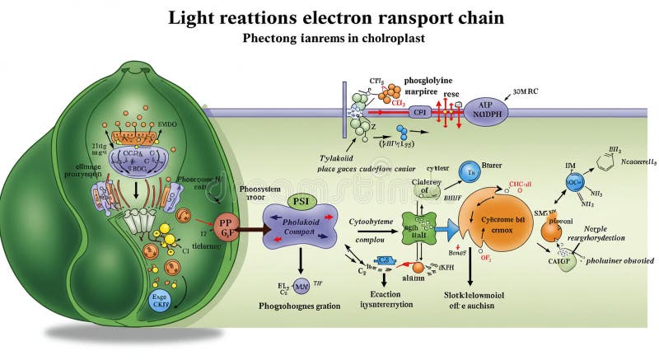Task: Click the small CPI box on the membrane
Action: (421, 110)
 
